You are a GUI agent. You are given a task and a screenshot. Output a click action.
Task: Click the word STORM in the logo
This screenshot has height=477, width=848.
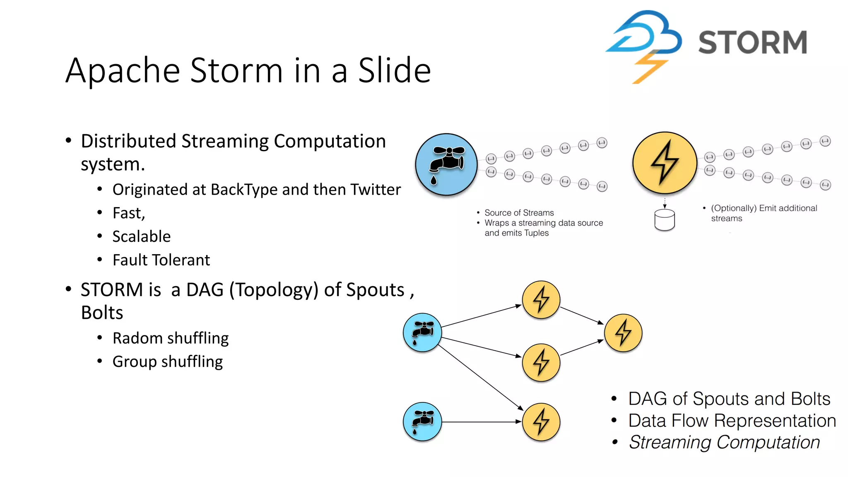click(752, 42)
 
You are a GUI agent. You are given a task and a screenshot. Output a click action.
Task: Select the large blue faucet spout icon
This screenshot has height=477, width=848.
click(446, 164)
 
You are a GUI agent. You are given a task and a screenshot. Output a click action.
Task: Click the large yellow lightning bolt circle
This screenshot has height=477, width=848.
click(665, 163)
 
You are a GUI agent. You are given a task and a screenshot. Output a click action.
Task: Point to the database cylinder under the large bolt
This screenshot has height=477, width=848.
click(665, 220)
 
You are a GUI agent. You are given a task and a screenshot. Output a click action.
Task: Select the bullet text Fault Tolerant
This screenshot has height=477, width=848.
click(161, 260)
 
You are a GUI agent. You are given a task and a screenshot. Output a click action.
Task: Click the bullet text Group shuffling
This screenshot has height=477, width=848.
click(167, 361)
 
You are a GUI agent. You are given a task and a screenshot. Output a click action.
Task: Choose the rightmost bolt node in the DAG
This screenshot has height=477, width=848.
click(623, 333)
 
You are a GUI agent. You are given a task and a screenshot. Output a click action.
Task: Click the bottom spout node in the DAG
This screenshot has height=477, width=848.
click(422, 422)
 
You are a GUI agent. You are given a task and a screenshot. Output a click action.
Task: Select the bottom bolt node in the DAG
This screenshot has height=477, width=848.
click(541, 422)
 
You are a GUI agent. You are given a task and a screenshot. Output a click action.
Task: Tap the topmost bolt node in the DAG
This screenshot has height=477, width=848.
click(541, 300)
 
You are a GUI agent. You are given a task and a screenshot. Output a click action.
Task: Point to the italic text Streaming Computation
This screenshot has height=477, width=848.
click(724, 442)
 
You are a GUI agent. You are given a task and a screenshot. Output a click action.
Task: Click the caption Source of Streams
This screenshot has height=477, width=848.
click(519, 213)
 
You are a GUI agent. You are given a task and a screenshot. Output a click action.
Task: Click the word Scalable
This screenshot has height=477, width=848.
click(141, 236)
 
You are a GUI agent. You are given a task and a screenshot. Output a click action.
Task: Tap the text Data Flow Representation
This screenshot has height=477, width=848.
click(732, 421)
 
